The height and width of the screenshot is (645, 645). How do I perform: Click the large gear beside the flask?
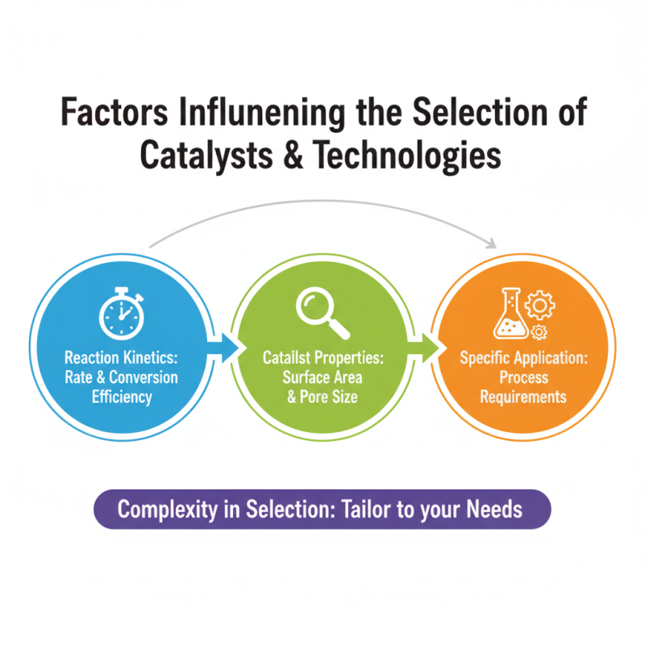[539, 306]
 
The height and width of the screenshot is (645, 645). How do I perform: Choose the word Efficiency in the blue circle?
[121, 397]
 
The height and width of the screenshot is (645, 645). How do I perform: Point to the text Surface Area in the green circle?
[322, 377]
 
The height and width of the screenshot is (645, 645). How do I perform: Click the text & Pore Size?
[322, 397]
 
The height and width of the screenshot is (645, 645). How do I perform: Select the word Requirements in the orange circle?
[523, 397]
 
